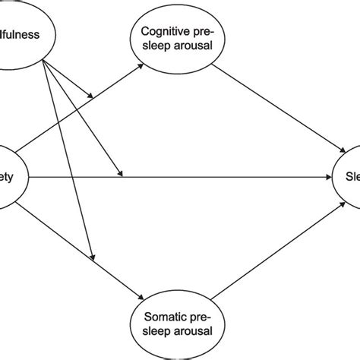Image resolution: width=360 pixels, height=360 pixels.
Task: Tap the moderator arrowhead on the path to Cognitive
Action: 93,96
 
